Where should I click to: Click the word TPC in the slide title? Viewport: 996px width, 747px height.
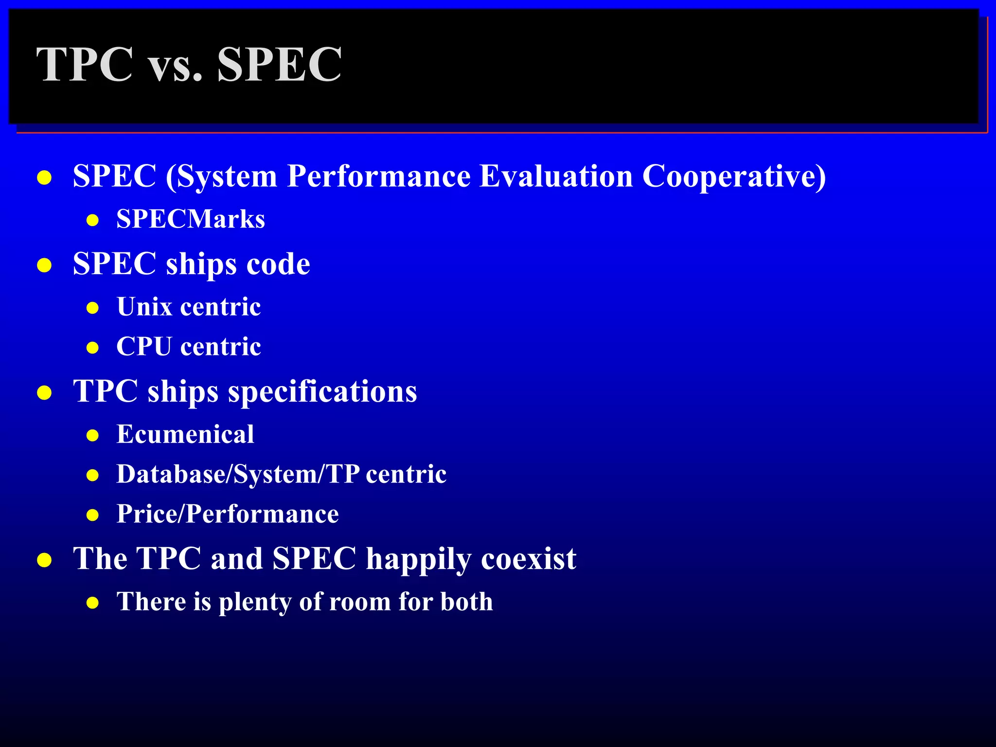85,65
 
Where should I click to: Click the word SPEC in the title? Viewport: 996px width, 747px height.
279,65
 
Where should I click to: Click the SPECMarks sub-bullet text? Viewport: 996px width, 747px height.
191,219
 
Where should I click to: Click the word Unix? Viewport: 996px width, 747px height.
144,307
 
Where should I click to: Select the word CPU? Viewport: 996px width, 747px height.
144,347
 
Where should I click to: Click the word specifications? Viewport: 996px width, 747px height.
322,392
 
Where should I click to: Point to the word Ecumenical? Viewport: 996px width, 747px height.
185,434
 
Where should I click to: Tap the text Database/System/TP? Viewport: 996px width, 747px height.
238,474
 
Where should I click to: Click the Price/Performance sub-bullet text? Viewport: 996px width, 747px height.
228,514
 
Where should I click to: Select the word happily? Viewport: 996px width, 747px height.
418,559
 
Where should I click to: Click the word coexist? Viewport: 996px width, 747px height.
529,559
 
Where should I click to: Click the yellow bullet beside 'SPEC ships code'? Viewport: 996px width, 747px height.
44,266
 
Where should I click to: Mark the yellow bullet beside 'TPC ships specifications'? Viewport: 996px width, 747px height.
44,393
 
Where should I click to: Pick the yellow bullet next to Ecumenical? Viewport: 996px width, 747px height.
92,435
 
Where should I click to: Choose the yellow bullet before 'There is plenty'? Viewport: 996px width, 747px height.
92,604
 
